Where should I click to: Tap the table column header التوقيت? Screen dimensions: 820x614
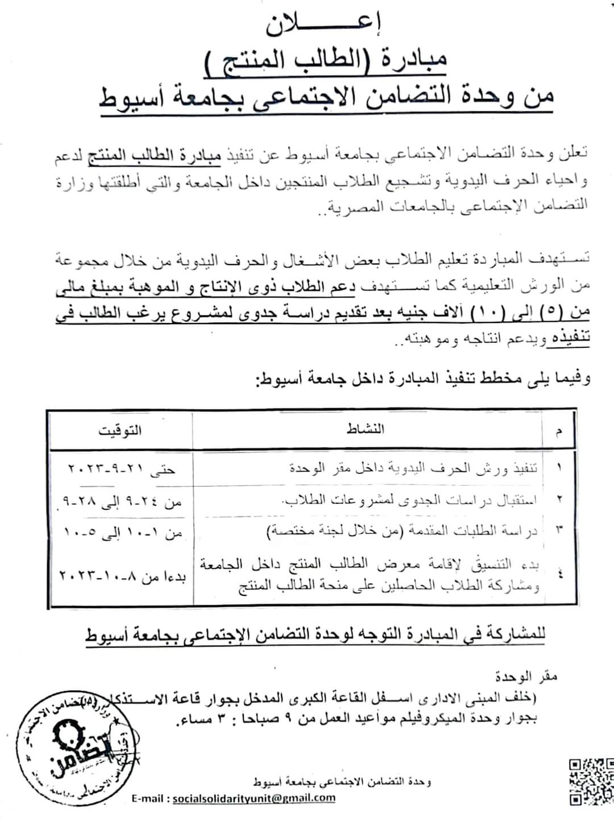coord(120,430)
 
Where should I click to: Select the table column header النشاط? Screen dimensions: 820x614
coord(366,429)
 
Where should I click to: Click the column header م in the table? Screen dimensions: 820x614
coord(558,432)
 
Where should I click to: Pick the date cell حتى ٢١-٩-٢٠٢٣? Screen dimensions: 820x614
coord(122,469)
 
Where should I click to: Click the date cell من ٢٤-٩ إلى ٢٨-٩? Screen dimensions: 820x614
coord(121,502)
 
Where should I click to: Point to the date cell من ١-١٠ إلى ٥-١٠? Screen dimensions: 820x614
coord(121,532)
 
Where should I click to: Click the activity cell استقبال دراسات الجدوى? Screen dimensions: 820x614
coord(409,500)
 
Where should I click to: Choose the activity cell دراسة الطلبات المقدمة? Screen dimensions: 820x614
coord(403,532)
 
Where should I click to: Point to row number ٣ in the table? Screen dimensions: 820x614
coord(558,531)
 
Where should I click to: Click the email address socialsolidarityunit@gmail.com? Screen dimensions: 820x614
coord(254,798)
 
